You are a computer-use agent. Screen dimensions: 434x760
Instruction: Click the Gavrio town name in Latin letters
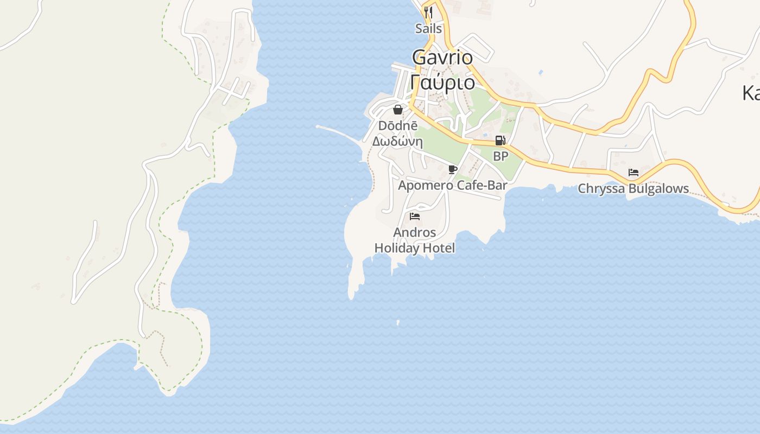442,57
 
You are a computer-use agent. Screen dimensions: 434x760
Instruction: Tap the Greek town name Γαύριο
442,82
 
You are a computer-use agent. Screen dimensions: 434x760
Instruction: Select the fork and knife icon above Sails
428,12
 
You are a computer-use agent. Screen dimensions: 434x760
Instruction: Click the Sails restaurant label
428,29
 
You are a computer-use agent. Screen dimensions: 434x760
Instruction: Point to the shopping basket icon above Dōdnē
398,110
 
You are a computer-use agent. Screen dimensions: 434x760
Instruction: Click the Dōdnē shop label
397,126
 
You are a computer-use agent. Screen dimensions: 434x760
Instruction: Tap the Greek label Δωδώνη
397,142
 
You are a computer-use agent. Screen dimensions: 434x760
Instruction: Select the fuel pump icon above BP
500,141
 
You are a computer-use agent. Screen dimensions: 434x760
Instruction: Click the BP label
501,156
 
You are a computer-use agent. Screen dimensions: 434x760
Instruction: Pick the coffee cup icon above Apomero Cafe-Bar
453,170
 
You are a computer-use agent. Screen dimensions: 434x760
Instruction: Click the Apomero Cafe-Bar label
453,186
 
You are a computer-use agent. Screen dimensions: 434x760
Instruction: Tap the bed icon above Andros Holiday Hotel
415,216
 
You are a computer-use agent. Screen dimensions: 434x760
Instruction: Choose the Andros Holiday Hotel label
415,240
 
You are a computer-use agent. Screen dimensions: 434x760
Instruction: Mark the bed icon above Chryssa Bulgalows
633,173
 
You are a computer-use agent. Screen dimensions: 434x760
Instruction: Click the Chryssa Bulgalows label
633,189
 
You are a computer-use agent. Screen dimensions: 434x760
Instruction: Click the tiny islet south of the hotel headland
398,323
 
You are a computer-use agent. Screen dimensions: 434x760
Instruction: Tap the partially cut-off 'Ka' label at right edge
751,93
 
